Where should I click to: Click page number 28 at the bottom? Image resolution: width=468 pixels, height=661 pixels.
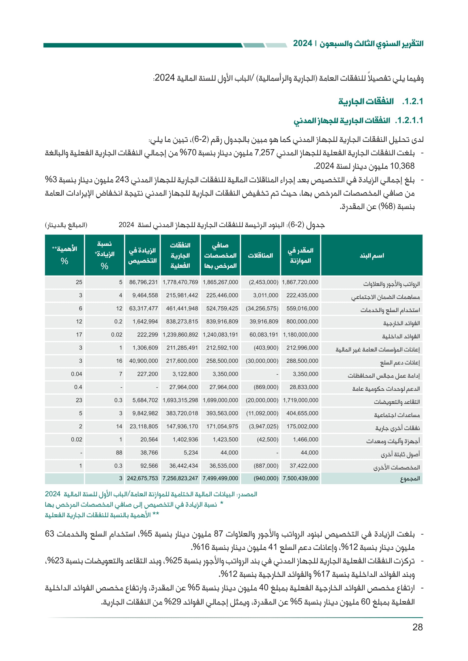click(x=417, y=627)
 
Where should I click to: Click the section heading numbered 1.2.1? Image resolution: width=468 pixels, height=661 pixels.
click(x=380, y=101)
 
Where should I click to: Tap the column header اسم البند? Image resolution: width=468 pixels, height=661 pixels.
click(x=372, y=255)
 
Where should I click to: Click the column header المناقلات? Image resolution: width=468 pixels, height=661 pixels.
click(x=260, y=255)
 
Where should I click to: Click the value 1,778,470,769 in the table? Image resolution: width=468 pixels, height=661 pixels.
click(x=180, y=282)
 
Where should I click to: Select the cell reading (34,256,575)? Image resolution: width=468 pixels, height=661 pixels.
click(x=262, y=308)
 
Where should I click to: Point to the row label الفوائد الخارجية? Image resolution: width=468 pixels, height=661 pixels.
click(x=401, y=323)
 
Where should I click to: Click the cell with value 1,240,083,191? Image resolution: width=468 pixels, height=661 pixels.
click(x=220, y=335)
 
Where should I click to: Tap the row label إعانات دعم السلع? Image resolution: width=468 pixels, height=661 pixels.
click(x=400, y=363)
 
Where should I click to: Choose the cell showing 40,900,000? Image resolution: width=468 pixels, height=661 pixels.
click(x=143, y=361)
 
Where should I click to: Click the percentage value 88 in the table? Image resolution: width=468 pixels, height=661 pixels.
click(x=119, y=452)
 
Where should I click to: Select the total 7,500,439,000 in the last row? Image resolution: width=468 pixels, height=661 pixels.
click(x=300, y=478)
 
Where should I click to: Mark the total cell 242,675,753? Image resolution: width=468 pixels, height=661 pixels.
click(x=142, y=478)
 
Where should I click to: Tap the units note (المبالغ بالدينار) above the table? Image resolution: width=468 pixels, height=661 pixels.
click(x=66, y=225)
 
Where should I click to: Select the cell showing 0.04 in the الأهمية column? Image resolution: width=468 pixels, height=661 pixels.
click(x=76, y=374)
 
